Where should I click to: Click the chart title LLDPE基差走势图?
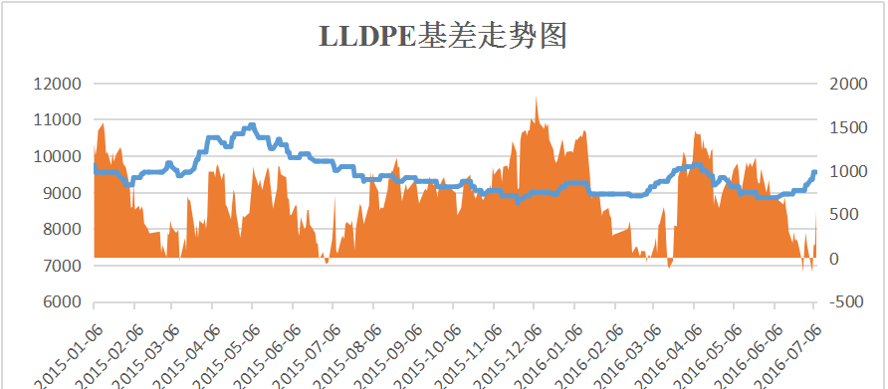(443, 37)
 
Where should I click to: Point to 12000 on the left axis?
(56, 84)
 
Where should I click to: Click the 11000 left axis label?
(56, 120)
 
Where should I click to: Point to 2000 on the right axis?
(848, 84)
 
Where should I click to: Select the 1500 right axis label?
(848, 127)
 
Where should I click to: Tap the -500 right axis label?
(846, 302)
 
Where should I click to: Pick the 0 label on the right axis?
(833, 259)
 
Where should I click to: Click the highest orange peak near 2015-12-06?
(536, 97)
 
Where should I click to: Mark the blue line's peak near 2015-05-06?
(252, 125)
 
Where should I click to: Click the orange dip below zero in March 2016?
(669, 266)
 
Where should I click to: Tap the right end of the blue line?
(815, 172)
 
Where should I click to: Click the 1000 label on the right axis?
(848, 171)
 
